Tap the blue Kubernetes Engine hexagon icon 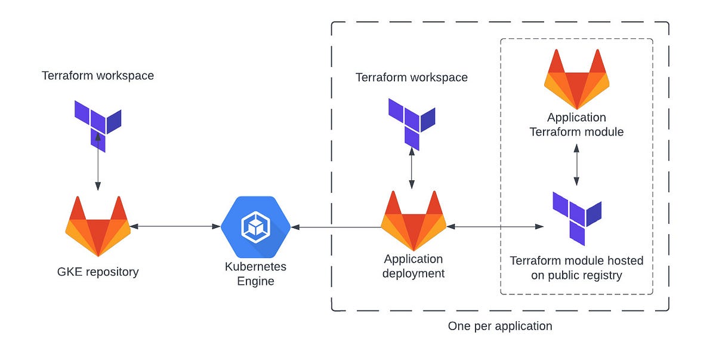point(255,226)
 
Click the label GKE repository point(98,272)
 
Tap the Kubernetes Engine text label point(255,273)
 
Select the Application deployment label point(413,266)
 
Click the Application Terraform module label point(576,125)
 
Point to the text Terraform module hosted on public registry point(576,268)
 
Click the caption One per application point(500,326)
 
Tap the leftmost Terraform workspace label point(98,76)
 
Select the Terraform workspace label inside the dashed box point(412,78)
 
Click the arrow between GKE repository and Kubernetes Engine point(175,226)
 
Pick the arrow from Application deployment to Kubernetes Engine point(337,227)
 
